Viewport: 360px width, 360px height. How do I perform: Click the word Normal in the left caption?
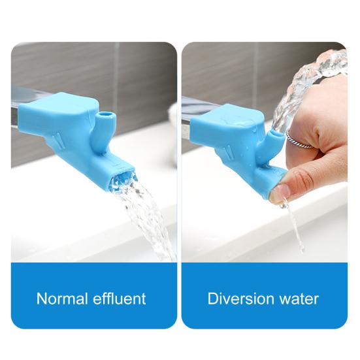tap(60, 299)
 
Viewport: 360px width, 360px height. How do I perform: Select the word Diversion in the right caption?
tap(237, 299)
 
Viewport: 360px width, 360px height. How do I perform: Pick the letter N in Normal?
tap(42, 299)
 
